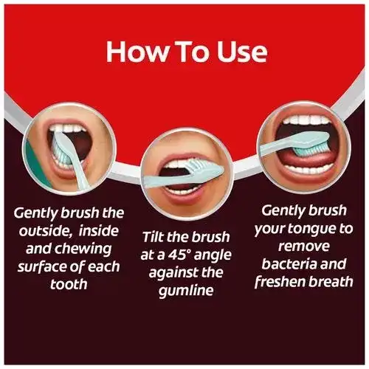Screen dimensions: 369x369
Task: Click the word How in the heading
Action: pyautogui.click(x=134, y=52)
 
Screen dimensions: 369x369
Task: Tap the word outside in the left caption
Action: pyautogui.click(x=45, y=231)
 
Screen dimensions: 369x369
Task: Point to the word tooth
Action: pyautogui.click(x=69, y=284)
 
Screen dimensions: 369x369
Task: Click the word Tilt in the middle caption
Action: pyautogui.click(x=153, y=237)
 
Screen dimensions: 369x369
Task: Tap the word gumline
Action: pyautogui.click(x=186, y=291)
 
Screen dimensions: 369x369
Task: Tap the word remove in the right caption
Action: pyautogui.click(x=304, y=246)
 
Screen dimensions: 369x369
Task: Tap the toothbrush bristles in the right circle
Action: pyautogui.click(x=311, y=150)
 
